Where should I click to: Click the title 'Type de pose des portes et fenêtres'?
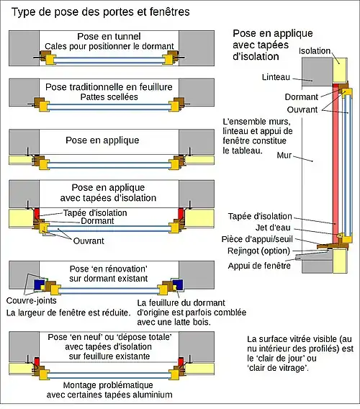pyautogui.click(x=100, y=12)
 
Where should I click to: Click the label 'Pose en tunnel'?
pyautogui.click(x=109, y=36)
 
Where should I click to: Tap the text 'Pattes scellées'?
pyautogui.click(x=109, y=96)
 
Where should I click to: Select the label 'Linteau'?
pyautogui.click(x=276, y=77)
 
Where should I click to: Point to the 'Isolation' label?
pyautogui.click(x=315, y=51)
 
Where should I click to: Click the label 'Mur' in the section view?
pyautogui.click(x=284, y=156)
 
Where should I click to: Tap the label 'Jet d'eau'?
pyautogui.click(x=273, y=228)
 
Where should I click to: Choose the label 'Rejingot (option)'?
pyautogui.click(x=258, y=251)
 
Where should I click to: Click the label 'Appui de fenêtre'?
pyautogui.click(x=259, y=266)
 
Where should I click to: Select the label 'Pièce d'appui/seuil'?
pyautogui.click(x=257, y=239)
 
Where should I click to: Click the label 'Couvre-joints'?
pyautogui.click(x=31, y=300)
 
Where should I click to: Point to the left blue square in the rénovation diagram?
pyautogui.click(x=39, y=284)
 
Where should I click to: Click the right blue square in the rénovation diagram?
pyautogui.click(x=178, y=284)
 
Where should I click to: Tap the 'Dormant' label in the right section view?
pyautogui.click(x=301, y=97)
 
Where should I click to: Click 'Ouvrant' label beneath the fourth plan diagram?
pyautogui.click(x=89, y=241)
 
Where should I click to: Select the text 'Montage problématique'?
pyautogui.click(x=108, y=385)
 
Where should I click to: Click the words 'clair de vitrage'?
pyautogui.click(x=277, y=368)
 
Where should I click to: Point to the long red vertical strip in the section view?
pyautogui.click(x=336, y=163)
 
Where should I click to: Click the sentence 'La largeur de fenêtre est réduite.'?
pyautogui.click(x=68, y=313)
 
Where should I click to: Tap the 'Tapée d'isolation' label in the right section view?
pyautogui.click(x=260, y=216)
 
